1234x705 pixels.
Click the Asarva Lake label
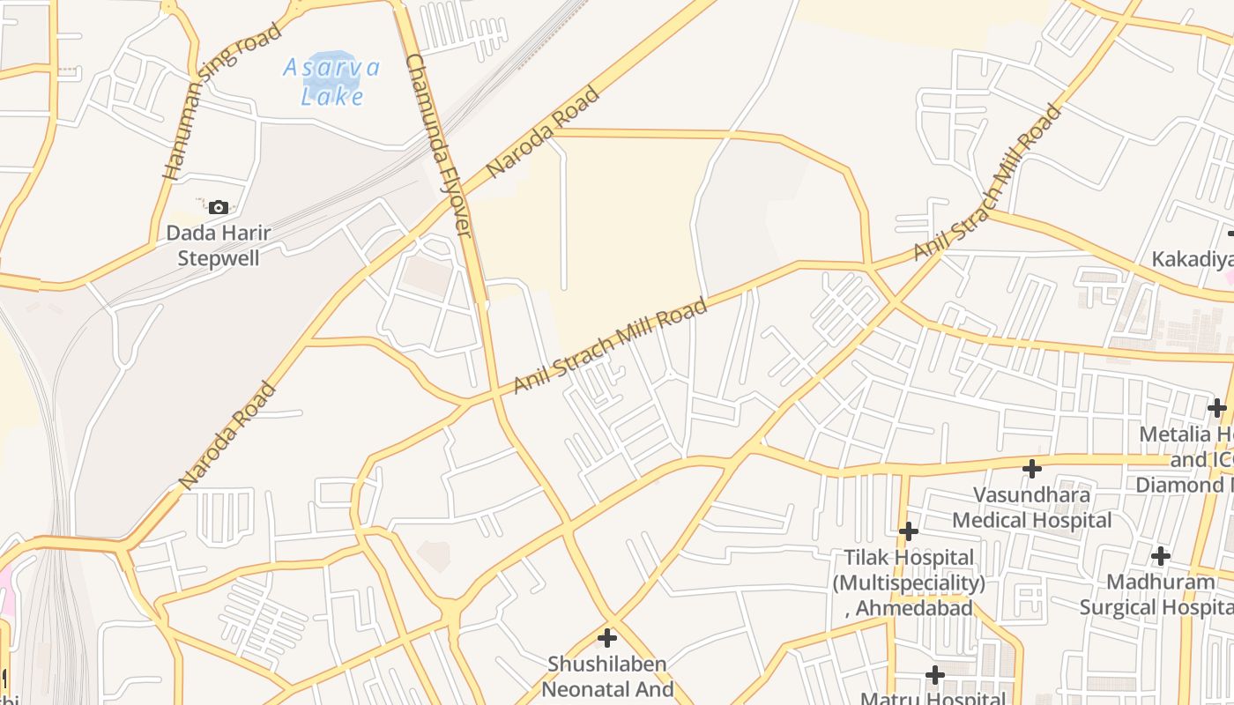point(331,81)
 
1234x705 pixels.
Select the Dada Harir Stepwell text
point(219,245)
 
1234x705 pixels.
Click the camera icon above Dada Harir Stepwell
point(219,208)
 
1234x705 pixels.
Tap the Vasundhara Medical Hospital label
point(1031,507)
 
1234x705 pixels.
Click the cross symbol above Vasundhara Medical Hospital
point(1032,468)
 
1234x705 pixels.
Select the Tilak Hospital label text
point(909,583)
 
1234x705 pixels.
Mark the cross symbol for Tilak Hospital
point(909,531)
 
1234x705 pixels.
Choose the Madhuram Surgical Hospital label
point(1159,594)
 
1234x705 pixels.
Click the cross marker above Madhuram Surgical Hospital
point(1161,556)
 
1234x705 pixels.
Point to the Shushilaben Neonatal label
point(607,676)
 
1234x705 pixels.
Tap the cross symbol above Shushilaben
point(607,637)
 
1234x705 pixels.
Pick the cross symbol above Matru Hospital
point(935,675)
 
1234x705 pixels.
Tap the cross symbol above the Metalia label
point(1217,408)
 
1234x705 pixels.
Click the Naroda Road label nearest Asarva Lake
point(543,131)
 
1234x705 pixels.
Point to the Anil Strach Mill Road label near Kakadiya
point(987,183)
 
